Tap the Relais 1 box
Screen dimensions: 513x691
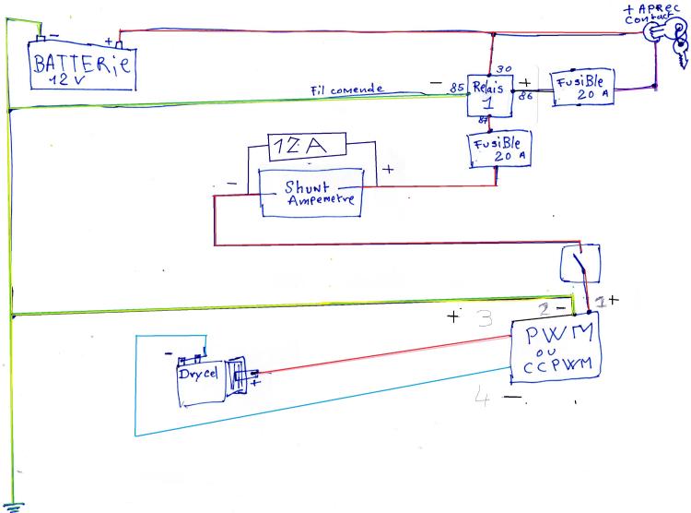[x=488, y=95]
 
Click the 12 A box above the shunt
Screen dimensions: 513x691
[x=307, y=147]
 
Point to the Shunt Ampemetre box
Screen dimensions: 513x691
[x=310, y=193]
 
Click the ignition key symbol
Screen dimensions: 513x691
[x=671, y=39]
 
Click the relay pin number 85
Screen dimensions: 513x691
[x=456, y=89]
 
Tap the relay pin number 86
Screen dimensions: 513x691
[x=525, y=94]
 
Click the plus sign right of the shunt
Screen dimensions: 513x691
[x=388, y=169]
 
